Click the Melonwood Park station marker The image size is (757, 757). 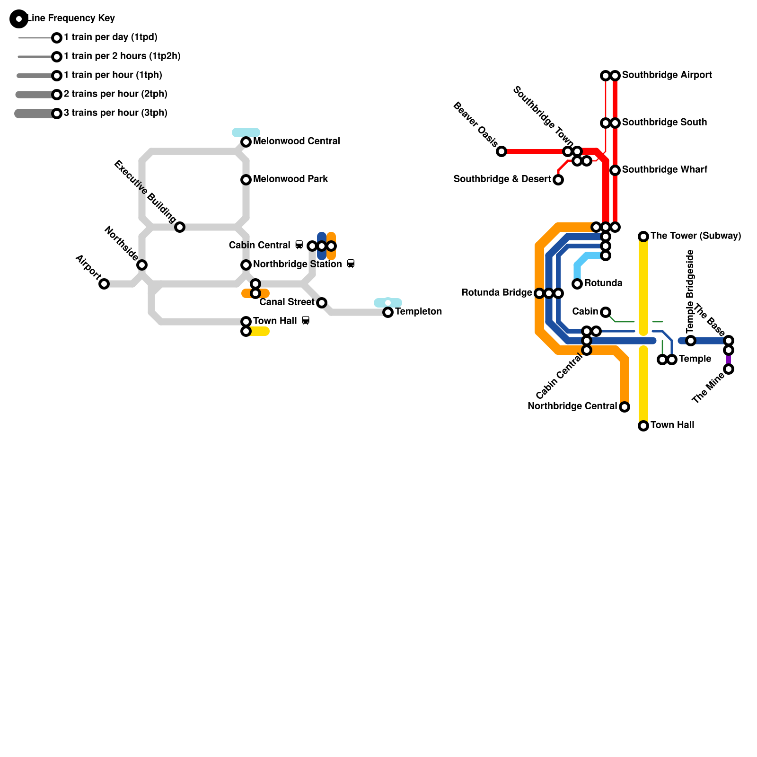click(246, 180)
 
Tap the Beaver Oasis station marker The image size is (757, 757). click(502, 151)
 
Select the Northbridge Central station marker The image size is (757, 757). click(625, 407)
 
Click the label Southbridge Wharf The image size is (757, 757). click(664, 169)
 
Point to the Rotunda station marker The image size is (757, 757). click(577, 284)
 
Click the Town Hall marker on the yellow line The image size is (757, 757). click(643, 426)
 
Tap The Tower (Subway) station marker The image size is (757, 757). click(643, 237)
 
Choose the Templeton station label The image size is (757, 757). click(418, 311)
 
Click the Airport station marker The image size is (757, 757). click(104, 284)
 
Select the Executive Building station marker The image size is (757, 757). click(180, 227)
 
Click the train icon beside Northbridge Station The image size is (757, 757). click(351, 264)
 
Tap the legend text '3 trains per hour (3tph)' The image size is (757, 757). click(115, 113)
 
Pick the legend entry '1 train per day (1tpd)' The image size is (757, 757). click(110, 37)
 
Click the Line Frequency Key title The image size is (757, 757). click(71, 18)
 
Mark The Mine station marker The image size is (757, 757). click(729, 369)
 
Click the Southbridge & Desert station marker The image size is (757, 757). click(558, 180)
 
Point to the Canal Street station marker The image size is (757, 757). click(322, 303)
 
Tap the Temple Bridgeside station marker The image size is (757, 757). click(691, 341)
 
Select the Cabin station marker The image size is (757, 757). click(606, 312)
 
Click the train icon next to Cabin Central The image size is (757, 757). click(299, 245)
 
